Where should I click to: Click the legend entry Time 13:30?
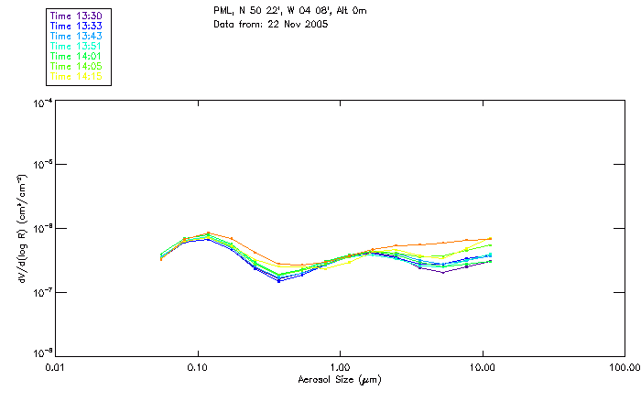78,16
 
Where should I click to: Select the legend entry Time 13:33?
78,27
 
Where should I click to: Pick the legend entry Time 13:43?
78,37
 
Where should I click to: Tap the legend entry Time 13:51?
78,47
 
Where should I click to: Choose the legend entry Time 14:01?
78,57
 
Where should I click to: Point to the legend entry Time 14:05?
78,67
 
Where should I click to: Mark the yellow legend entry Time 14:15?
78,77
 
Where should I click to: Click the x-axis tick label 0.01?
55,367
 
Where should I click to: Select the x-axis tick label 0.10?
197,367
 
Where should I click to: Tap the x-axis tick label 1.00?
340,367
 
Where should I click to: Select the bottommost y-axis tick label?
40,353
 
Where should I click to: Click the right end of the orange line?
491,238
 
